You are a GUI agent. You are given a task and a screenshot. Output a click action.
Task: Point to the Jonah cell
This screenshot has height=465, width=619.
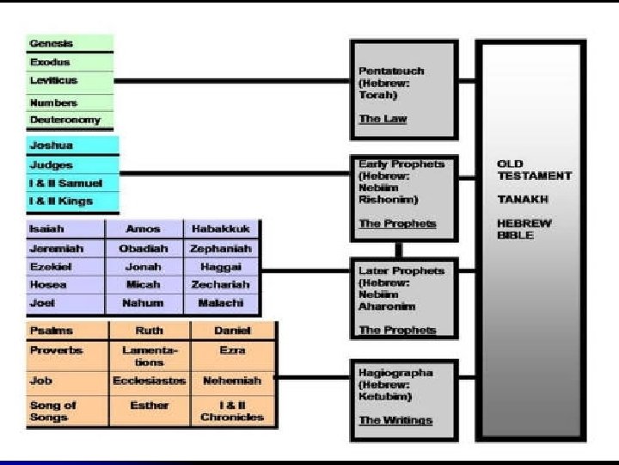143,267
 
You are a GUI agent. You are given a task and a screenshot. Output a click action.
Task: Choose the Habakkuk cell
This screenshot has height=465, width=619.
221,230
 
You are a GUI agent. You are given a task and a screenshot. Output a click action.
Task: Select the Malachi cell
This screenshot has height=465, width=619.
221,303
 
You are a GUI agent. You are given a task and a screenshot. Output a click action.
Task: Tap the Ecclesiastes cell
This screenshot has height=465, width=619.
150,380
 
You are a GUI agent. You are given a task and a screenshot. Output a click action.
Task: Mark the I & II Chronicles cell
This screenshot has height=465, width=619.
232,411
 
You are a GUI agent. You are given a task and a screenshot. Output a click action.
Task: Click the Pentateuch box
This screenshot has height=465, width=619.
405,89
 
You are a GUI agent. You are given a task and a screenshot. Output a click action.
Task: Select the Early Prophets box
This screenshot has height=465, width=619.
405,193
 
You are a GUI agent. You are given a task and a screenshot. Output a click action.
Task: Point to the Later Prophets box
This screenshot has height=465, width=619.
405,297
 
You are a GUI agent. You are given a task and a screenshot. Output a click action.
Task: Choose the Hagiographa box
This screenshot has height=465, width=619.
405,396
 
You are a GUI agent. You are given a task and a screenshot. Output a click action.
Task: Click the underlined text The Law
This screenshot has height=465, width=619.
383,119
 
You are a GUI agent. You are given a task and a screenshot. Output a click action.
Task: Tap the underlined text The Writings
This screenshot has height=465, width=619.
395,420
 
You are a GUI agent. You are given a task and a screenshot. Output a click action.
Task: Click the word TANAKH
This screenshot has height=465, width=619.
519,199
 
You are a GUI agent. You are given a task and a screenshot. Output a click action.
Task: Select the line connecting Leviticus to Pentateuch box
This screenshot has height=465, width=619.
232,81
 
